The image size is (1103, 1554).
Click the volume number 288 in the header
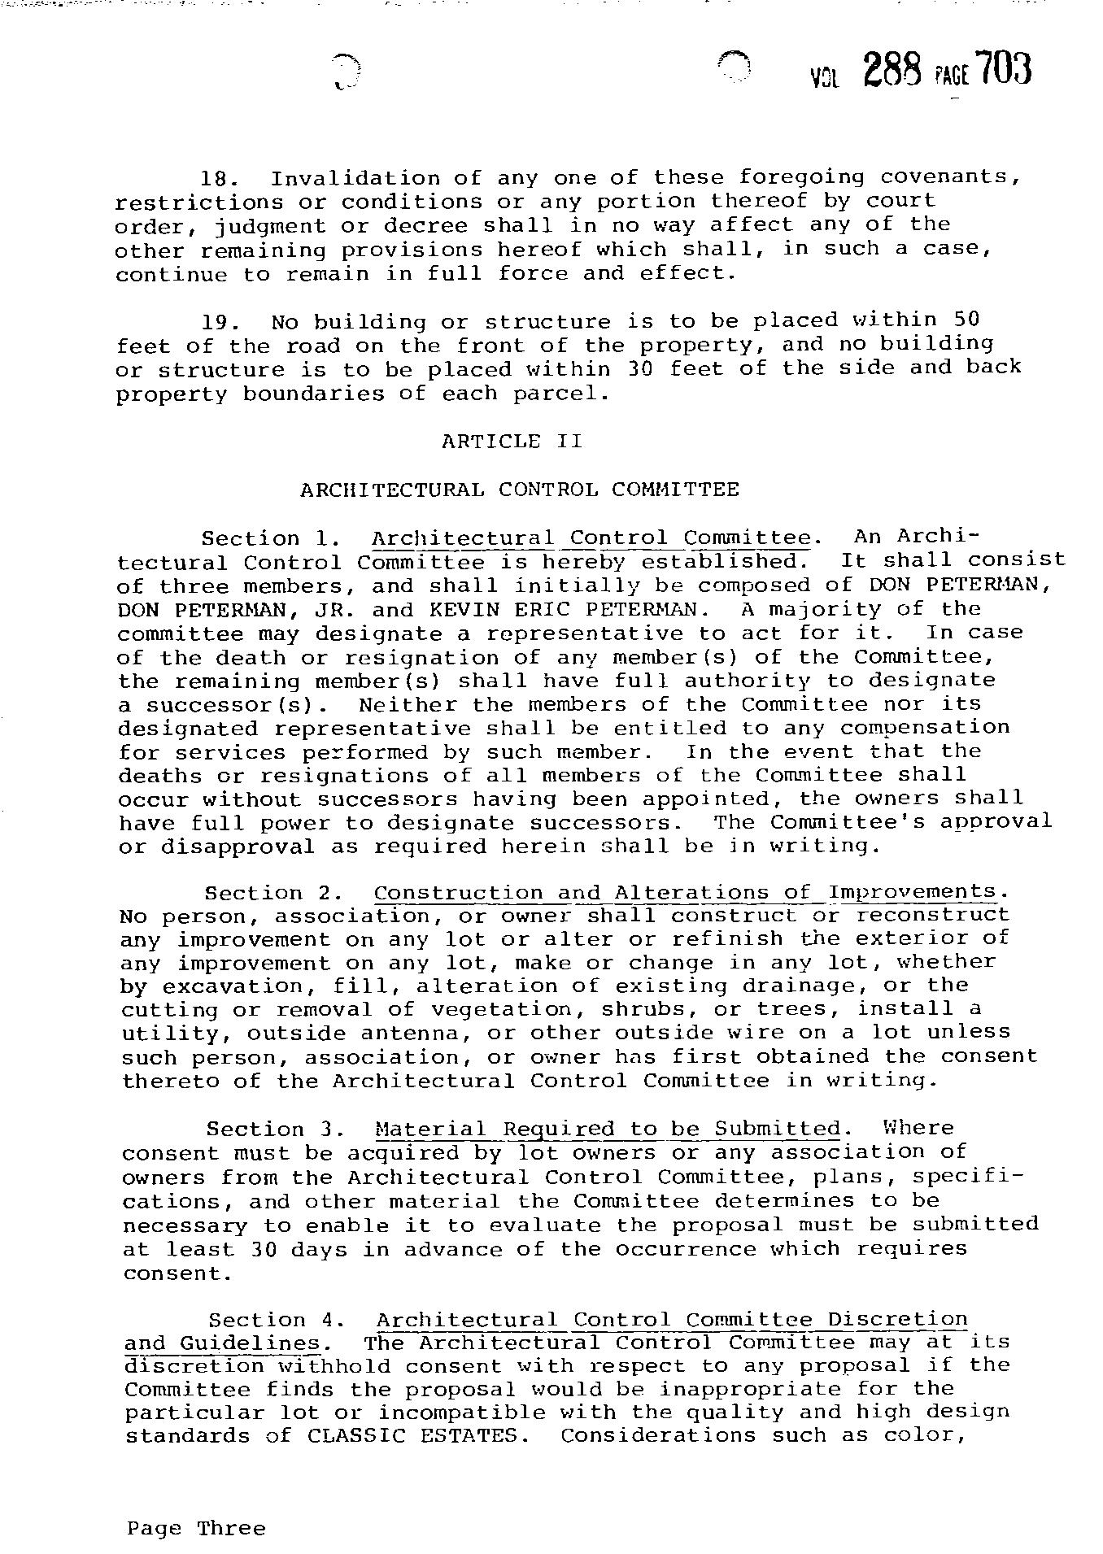click(x=892, y=70)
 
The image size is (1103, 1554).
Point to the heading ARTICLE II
click(x=512, y=442)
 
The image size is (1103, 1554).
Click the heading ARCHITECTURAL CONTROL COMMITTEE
click(x=519, y=490)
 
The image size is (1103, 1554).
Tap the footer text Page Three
click(x=196, y=1528)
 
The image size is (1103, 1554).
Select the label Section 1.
click(x=262, y=539)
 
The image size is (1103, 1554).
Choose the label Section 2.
click(x=264, y=894)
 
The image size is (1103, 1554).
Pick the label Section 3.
click(x=266, y=1130)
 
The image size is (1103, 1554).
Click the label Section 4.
click(x=268, y=1321)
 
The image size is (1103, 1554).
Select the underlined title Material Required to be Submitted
click(x=608, y=1129)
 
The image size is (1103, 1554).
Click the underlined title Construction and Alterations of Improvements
click(x=684, y=893)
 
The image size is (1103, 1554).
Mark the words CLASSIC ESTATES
click(x=412, y=1435)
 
